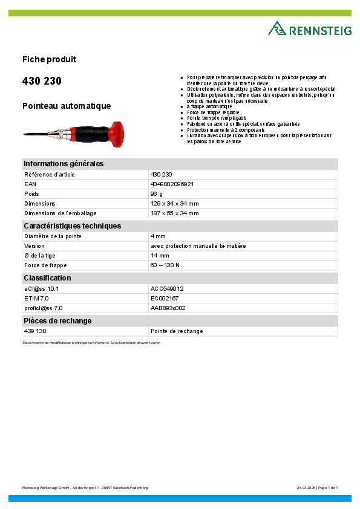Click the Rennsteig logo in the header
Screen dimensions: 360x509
click(309, 29)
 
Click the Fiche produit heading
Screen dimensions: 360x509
click(49, 59)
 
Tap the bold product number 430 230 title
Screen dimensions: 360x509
click(42, 81)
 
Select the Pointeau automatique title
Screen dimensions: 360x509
click(67, 106)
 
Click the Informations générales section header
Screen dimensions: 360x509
click(64, 164)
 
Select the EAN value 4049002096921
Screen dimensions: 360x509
click(172, 184)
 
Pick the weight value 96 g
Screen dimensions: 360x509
click(156, 193)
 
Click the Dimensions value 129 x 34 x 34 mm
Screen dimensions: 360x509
click(174, 204)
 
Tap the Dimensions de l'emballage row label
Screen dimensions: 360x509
click(60, 213)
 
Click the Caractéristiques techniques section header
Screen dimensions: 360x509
click(72, 226)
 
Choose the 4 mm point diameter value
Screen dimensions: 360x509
click(158, 236)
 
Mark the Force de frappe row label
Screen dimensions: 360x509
click(45, 265)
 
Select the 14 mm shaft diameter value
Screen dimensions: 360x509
click(160, 256)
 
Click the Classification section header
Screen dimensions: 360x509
click(47, 278)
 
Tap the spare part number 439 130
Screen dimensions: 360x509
click(35, 331)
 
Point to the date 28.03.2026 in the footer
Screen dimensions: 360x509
click(307, 488)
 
